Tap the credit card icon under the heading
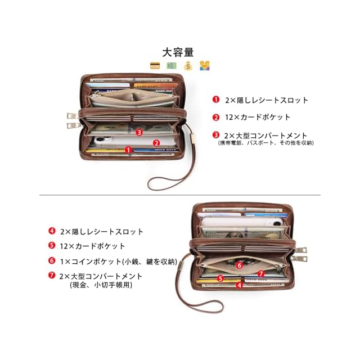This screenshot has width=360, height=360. pyautogui.click(x=155, y=65)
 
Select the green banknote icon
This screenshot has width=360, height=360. pyautogui.click(x=171, y=65)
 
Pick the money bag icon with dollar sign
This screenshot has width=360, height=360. pyautogui.click(x=188, y=65)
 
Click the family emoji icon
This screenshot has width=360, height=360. pyautogui.click(x=205, y=65)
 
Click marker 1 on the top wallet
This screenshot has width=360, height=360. pyautogui.click(x=128, y=150)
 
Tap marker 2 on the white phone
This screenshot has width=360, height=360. pyautogui.click(x=156, y=143)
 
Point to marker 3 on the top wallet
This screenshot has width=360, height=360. pyautogui.click(x=138, y=132)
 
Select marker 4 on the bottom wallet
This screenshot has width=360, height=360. pyautogui.click(x=239, y=285)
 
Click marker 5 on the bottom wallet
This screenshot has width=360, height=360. pyautogui.click(x=221, y=278)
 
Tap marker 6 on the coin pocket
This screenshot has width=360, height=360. pyautogui.click(x=239, y=264)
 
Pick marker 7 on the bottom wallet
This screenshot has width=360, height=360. pyautogui.click(x=260, y=274)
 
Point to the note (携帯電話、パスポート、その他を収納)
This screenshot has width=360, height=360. pyautogui.click(x=265, y=143)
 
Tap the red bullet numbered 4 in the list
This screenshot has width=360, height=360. pyautogui.click(x=52, y=231)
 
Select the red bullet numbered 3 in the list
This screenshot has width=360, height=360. pyautogui.click(x=216, y=135)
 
